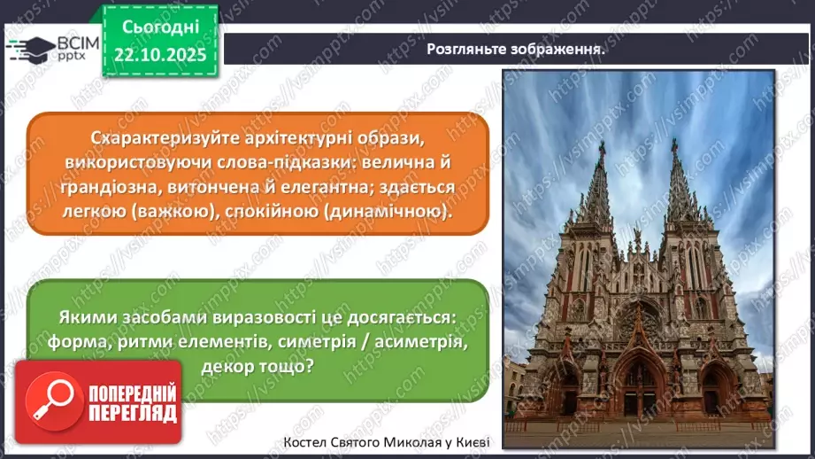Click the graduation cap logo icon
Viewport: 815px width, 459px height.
coord(29,47)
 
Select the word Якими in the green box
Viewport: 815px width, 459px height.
coord(86,316)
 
